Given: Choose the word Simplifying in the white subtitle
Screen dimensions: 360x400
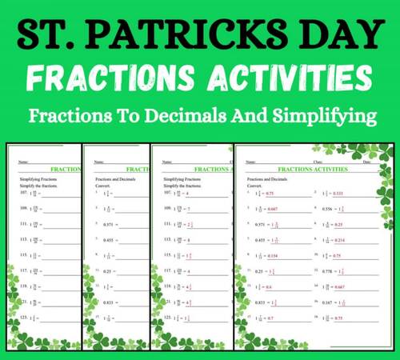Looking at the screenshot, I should tap(322, 117).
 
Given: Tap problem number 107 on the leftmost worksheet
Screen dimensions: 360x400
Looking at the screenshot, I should tap(23, 194).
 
